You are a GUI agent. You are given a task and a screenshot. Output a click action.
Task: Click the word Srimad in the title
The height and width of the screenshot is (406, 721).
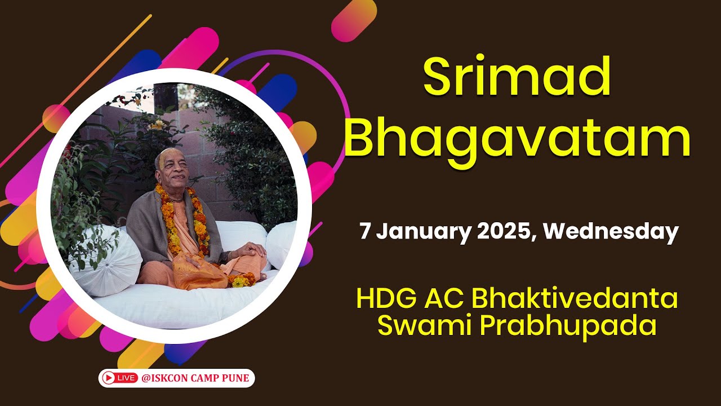click(x=517, y=79)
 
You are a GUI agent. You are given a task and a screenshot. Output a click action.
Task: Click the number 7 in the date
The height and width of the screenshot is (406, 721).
click(x=365, y=232)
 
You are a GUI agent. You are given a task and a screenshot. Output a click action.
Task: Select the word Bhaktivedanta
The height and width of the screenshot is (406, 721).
click(x=575, y=299)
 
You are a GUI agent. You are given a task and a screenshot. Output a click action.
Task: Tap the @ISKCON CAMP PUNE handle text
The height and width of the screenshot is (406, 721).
click(x=195, y=378)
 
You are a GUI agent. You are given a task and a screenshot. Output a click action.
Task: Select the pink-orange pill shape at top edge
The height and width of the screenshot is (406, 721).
click(x=354, y=20)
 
